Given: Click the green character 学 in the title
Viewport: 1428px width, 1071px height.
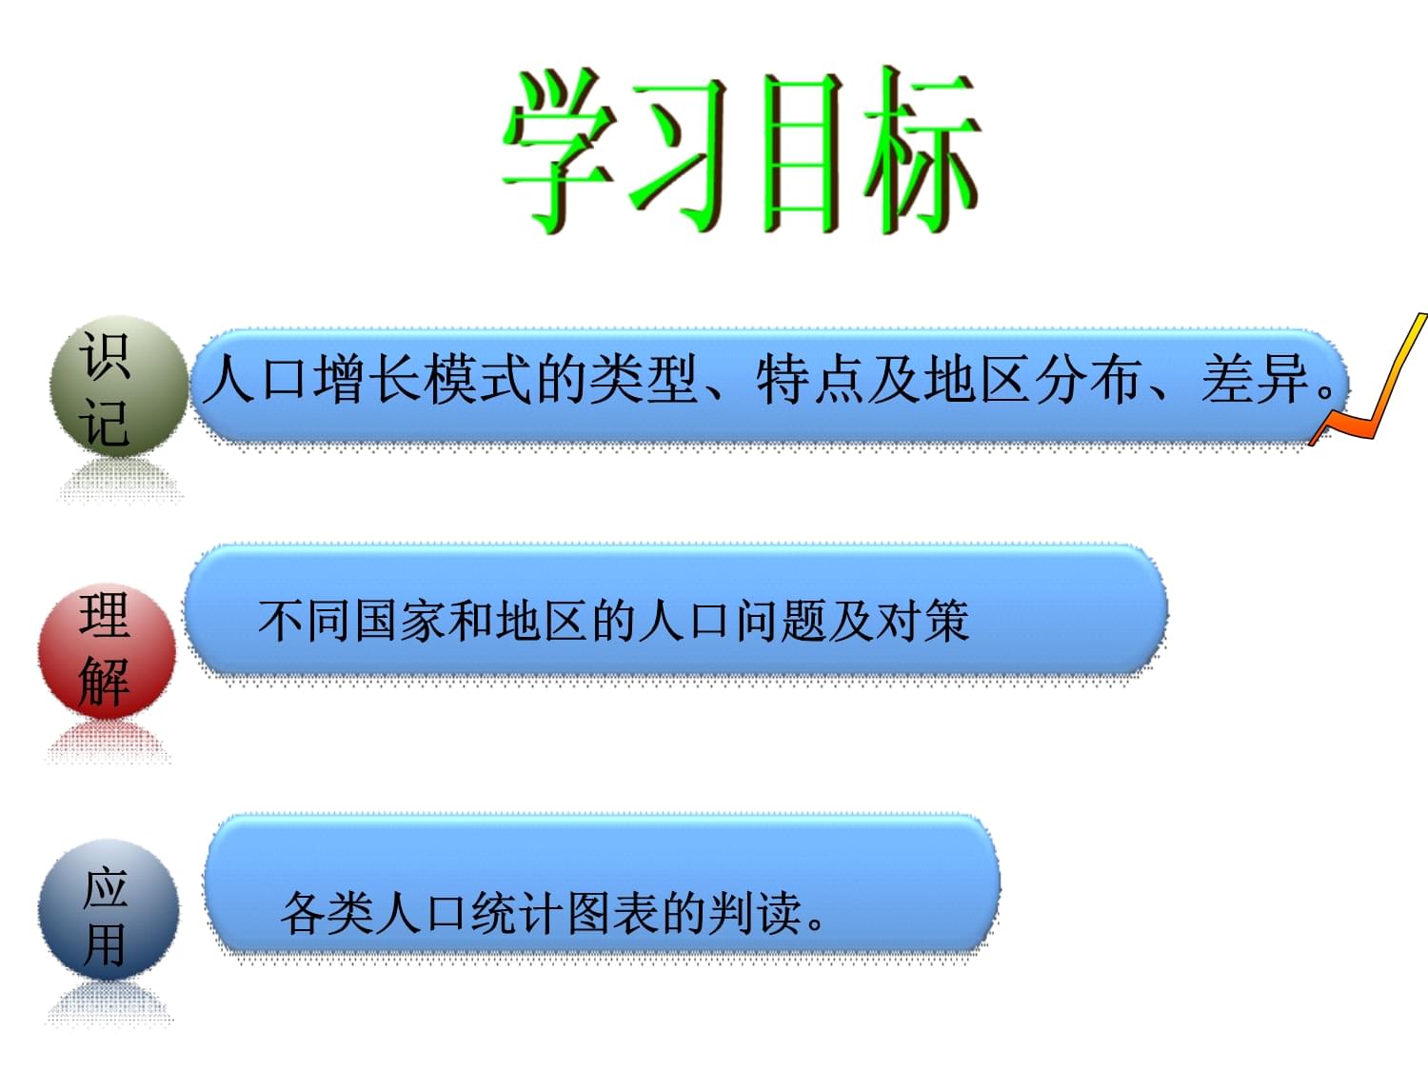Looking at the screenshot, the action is coord(561,150).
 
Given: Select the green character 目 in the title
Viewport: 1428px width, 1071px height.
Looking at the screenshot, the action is coord(803,153).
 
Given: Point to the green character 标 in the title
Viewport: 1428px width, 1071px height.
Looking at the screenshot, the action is coord(922,149).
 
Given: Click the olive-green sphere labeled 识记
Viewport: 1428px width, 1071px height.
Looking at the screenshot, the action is coord(119,387).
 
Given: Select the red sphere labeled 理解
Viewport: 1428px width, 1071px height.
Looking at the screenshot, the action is coord(108,651).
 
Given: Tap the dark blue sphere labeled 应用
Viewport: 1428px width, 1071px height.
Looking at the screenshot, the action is coord(109,909).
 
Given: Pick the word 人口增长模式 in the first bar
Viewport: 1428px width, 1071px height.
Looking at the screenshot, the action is coord(367,380).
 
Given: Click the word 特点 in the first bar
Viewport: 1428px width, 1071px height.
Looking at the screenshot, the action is coord(811,380).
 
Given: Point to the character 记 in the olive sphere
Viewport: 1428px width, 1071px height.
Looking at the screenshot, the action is coord(104,422).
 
